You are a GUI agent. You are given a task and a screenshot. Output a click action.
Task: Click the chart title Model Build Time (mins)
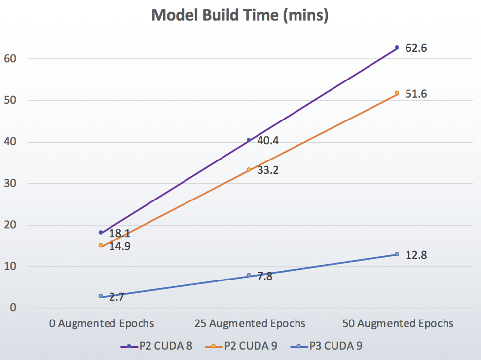240,15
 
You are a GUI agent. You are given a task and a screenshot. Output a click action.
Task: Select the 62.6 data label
416,48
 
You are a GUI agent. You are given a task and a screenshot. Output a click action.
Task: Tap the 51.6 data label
416,94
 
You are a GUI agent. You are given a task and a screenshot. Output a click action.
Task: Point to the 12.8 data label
416,255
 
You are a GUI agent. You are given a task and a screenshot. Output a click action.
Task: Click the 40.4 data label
268,141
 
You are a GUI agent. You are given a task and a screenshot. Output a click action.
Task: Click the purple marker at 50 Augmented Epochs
397,48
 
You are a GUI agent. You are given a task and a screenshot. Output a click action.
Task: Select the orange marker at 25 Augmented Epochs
249,170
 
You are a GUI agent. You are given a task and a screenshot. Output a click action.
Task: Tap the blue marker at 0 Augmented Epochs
101,296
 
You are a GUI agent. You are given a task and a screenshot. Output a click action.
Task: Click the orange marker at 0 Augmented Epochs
101,245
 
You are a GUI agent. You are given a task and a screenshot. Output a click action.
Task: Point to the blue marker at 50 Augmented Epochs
397,254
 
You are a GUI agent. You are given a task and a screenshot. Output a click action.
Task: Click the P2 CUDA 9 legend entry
241,346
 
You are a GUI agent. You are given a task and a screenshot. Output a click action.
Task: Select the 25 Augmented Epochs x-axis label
249,324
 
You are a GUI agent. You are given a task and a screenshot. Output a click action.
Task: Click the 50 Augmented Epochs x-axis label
397,324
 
